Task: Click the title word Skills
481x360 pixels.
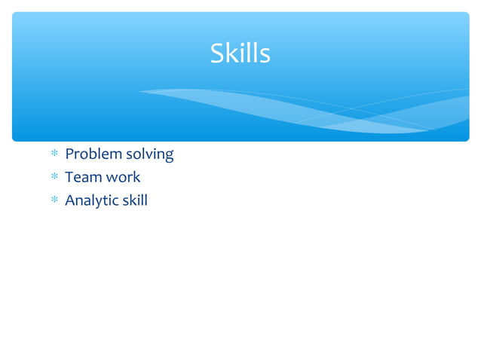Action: [x=240, y=53]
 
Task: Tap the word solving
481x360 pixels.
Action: [x=150, y=155]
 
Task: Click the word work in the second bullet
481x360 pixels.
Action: [x=123, y=178]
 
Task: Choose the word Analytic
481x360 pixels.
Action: [x=93, y=201]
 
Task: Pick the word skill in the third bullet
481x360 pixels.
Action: [x=136, y=200]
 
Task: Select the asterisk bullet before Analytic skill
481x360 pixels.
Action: [x=54, y=201]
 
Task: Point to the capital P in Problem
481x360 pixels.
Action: [x=69, y=154]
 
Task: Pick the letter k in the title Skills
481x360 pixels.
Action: [x=233, y=53]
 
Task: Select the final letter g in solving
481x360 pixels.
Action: [x=169, y=157]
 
